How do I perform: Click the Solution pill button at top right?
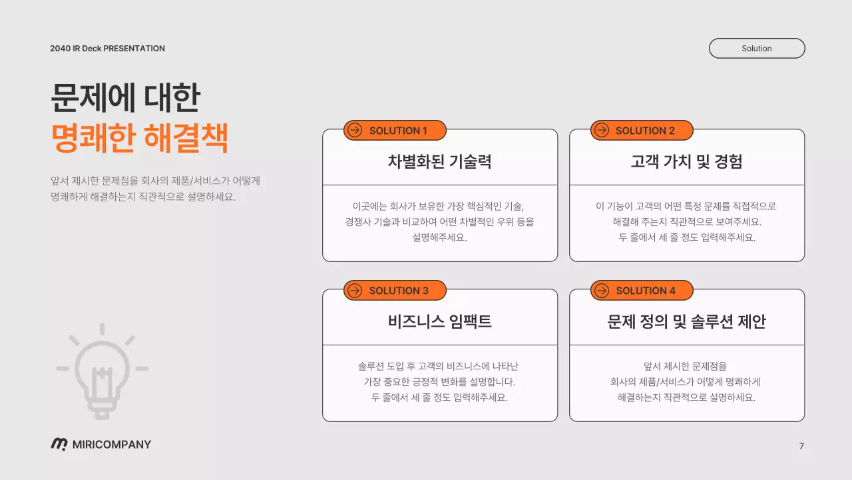757,49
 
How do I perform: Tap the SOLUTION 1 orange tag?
395,131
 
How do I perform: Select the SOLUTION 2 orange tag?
642,131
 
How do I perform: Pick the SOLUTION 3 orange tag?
395,291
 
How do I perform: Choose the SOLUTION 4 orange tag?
642,291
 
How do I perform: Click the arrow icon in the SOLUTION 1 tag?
355,131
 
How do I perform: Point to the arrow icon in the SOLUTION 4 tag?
602,291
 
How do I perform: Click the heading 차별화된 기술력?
440,161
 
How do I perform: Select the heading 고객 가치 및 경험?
686,161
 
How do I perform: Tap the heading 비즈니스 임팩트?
440,321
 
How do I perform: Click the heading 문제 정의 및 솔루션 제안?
686,321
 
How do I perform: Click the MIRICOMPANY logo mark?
59,445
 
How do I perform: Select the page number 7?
801,446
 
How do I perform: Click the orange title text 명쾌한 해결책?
140,139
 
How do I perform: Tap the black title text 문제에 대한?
125,99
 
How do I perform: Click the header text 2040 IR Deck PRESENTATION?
107,49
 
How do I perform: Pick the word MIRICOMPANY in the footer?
112,445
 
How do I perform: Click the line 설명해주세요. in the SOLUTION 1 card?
440,238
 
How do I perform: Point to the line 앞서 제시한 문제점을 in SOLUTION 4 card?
686,366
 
